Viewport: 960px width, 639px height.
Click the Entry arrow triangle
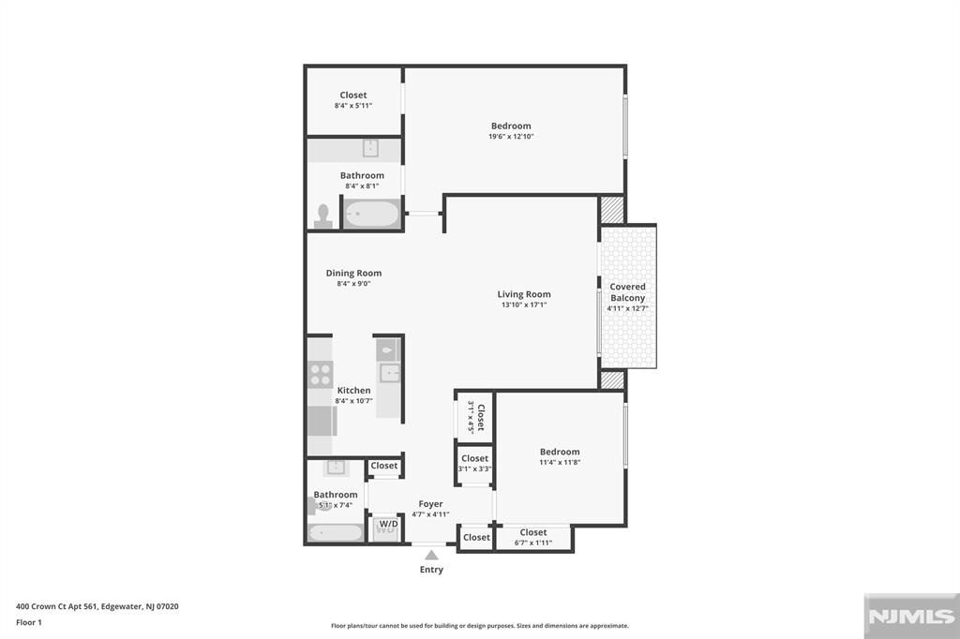(x=431, y=556)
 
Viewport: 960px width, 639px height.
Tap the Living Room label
(x=524, y=294)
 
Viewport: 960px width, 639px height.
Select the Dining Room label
(x=353, y=273)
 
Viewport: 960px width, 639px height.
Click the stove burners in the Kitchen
(x=321, y=375)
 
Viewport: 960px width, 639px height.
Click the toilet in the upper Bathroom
(x=322, y=216)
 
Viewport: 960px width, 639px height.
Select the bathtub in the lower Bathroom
(x=336, y=532)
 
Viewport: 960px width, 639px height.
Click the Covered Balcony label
(x=627, y=292)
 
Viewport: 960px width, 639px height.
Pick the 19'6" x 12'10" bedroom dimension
(x=511, y=137)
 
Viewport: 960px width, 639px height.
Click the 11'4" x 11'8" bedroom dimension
(x=560, y=462)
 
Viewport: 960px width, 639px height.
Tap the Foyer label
(x=431, y=504)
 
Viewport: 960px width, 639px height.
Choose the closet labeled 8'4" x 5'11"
(x=353, y=100)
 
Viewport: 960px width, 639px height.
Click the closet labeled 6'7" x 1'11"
(x=533, y=538)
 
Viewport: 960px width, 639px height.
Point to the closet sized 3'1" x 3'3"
(x=474, y=465)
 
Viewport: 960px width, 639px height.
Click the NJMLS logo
(x=911, y=617)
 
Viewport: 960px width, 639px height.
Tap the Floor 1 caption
(x=29, y=622)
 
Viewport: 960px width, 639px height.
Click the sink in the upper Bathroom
(x=370, y=148)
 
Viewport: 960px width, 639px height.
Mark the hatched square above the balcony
(x=611, y=209)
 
